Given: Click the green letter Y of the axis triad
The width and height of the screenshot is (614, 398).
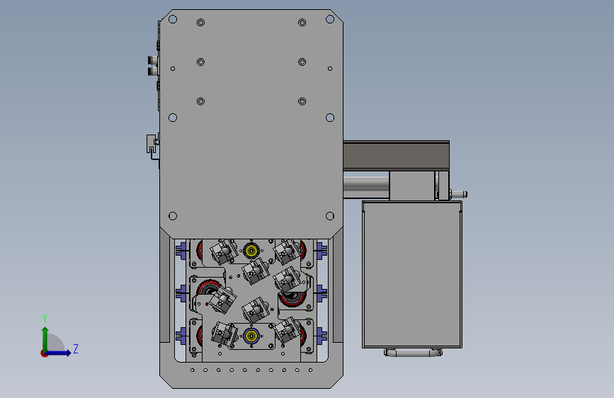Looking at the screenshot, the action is [45, 319].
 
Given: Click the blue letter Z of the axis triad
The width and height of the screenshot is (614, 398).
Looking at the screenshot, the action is [76, 348].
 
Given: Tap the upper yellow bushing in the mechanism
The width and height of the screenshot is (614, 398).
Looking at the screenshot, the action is [251, 250].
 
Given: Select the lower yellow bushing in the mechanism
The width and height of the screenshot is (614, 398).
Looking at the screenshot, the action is [251, 336].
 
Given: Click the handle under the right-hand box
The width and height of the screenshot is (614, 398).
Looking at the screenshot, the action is [413, 353].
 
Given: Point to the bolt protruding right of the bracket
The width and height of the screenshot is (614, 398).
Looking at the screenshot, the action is [458, 194].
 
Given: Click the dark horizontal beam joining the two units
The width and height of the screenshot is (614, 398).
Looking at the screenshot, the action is [397, 155].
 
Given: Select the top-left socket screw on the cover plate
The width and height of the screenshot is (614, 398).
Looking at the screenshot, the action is [200, 23].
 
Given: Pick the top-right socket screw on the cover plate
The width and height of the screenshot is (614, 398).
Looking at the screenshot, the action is [302, 23].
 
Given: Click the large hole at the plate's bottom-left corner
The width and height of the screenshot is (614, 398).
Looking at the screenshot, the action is [173, 216].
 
